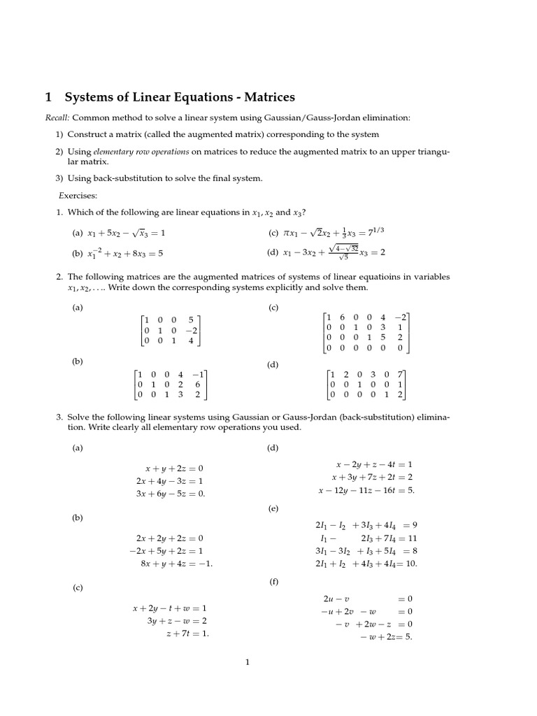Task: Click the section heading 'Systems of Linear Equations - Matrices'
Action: click(180, 97)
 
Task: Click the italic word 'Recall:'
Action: click(57, 118)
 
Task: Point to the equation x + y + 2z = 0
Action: click(174, 468)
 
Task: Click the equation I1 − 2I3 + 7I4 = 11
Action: click(368, 538)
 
